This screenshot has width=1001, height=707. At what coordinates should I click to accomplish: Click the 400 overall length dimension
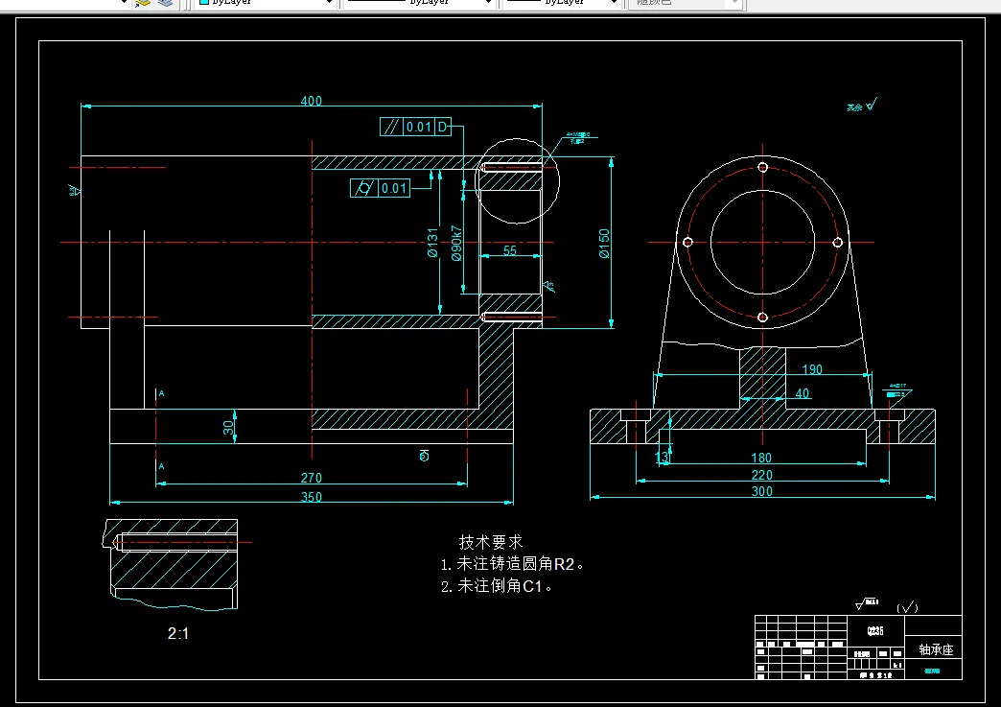(x=312, y=101)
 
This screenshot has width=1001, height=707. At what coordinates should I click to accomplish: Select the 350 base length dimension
(x=312, y=497)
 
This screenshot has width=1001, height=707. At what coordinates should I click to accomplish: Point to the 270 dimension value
(x=312, y=478)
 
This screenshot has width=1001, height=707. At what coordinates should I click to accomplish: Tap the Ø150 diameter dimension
(x=604, y=244)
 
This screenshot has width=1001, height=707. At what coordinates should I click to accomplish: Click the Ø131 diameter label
(x=432, y=244)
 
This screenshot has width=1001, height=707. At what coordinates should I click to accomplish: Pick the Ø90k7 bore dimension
(x=456, y=244)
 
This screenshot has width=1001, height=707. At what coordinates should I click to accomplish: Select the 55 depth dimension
(x=509, y=250)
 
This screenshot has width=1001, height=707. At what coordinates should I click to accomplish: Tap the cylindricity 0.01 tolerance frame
(x=381, y=188)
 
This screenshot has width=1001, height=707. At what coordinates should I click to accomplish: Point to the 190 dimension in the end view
(x=811, y=369)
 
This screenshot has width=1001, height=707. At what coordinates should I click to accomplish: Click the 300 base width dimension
(x=762, y=491)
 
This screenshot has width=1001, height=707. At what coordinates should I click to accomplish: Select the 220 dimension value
(x=762, y=475)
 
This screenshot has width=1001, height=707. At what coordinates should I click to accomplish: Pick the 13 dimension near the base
(x=662, y=458)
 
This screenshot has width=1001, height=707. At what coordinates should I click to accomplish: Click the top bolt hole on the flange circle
(x=763, y=167)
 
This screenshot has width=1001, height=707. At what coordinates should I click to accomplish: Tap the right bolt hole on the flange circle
(x=837, y=243)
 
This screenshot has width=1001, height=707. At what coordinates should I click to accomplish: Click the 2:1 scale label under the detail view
(x=179, y=633)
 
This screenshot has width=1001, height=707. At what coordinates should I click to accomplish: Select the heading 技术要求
(x=491, y=542)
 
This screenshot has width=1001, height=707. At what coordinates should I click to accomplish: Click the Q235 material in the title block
(x=874, y=631)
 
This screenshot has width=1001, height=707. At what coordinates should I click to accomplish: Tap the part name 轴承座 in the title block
(x=935, y=649)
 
